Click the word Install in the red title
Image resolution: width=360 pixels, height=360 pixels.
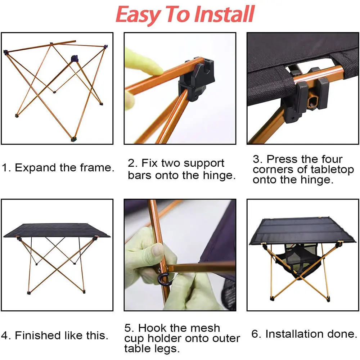[224, 14]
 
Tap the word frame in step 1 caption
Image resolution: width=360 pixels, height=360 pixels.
[97, 168]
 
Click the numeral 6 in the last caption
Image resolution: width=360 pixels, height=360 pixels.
[255, 334]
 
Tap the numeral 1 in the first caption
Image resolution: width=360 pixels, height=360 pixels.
[5, 168]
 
